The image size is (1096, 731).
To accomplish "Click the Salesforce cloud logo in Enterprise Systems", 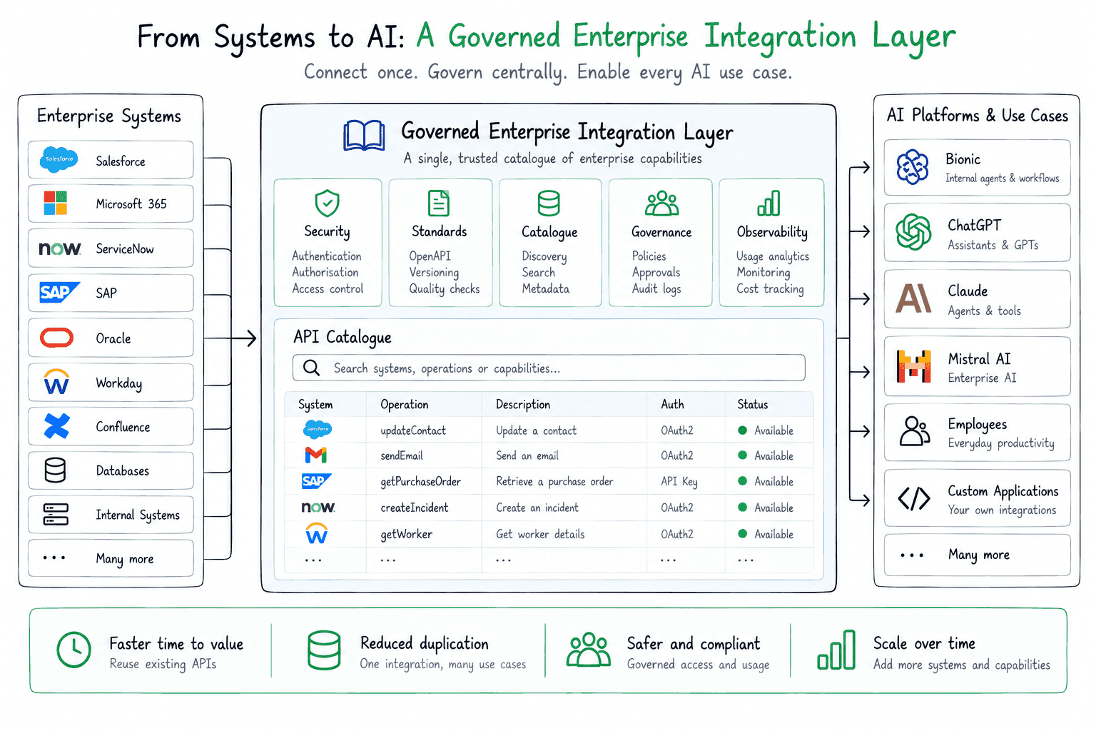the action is pyautogui.click(x=59, y=160).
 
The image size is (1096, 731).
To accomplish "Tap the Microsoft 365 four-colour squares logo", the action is pyautogui.click(x=55, y=203).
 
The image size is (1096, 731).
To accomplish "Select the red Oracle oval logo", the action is pyautogui.click(x=57, y=338).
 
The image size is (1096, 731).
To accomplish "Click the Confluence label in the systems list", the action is pyautogui.click(x=123, y=426).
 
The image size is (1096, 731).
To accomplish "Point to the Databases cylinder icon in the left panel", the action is pyautogui.click(x=55, y=470).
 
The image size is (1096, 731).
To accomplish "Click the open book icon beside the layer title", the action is pyautogui.click(x=363, y=135).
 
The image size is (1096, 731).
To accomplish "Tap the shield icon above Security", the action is pyautogui.click(x=327, y=203).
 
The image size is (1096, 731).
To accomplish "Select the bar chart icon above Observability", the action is pyautogui.click(x=768, y=203).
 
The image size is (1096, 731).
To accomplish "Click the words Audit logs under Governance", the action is pyautogui.click(x=656, y=289).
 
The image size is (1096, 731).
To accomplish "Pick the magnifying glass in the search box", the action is pyautogui.click(x=311, y=368).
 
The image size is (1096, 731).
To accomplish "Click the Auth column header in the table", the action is pyautogui.click(x=672, y=404).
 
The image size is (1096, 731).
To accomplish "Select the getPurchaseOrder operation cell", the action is pyautogui.click(x=421, y=482).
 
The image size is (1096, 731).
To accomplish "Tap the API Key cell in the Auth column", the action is pyautogui.click(x=679, y=482).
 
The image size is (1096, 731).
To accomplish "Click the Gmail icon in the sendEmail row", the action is pyautogui.click(x=315, y=455).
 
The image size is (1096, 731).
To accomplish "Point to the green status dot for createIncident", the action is pyautogui.click(x=742, y=508).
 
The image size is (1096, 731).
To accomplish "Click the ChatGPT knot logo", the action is pyautogui.click(x=913, y=231).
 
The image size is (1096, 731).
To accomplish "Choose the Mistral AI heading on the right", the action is pyautogui.click(x=979, y=359).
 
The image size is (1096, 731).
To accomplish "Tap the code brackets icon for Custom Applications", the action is pyautogui.click(x=913, y=498).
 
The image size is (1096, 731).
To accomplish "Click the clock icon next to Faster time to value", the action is pyautogui.click(x=74, y=650).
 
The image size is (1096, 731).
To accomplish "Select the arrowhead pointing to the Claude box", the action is pyautogui.click(x=866, y=298).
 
